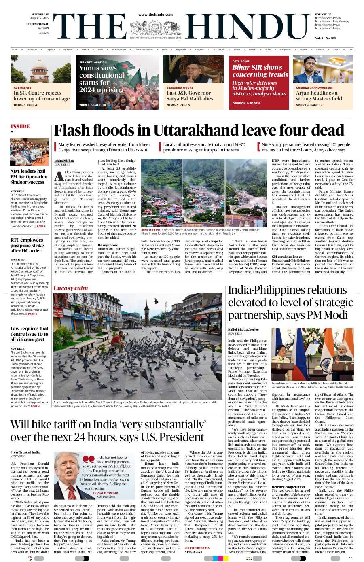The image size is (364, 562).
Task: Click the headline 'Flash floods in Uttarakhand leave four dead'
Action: (199, 131)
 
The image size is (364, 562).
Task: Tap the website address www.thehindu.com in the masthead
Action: (155, 15)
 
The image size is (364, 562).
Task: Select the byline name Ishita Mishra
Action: (64, 161)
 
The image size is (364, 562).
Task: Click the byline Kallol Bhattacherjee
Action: (243, 329)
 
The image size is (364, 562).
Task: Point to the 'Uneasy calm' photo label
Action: (71, 288)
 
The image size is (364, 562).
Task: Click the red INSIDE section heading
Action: (20, 126)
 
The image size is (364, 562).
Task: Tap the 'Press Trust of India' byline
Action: (25, 452)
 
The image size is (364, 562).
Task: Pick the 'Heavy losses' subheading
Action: (108, 246)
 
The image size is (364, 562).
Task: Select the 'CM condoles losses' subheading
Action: (287, 257)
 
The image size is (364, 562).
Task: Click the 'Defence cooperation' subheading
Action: (288, 486)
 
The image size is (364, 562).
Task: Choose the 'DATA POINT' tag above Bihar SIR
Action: (241, 61)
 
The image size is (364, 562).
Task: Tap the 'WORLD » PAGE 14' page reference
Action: (92, 105)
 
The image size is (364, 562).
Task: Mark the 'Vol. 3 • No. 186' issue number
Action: (326, 38)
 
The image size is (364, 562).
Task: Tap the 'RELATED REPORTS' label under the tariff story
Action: (197, 548)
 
